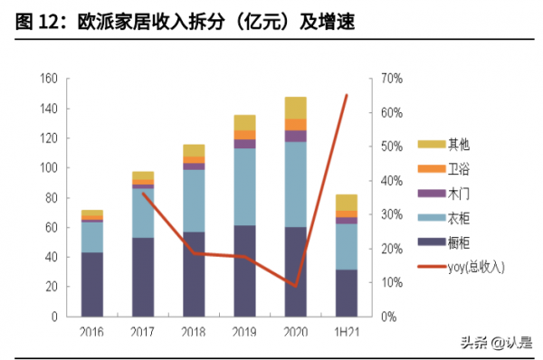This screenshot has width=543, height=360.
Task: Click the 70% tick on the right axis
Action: [x=391, y=80]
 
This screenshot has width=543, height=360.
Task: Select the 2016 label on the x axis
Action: [x=91, y=332]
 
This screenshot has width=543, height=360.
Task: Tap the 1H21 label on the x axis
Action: [x=346, y=332]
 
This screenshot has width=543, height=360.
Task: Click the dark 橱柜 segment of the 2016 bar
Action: [x=91, y=284]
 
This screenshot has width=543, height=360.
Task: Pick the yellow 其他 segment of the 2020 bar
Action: [x=295, y=108]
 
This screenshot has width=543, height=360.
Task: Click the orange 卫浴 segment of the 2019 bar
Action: [x=244, y=135]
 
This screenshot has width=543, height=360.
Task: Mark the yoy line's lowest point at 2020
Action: [x=295, y=286]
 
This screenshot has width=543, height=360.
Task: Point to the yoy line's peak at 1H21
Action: [x=346, y=95]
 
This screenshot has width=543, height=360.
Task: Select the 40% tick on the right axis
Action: [x=391, y=181]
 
